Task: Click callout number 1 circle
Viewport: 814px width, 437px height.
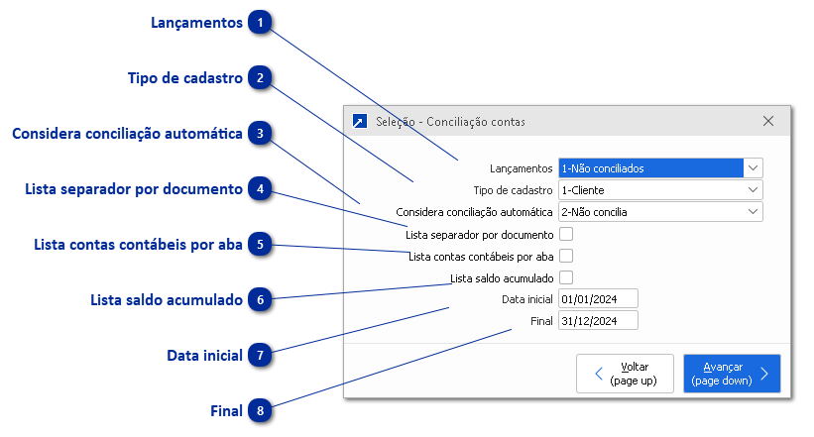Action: tap(260, 23)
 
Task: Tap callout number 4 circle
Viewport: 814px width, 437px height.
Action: tap(260, 188)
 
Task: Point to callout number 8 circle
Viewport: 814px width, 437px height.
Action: tap(260, 409)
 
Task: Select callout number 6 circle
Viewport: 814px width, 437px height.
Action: tap(260, 299)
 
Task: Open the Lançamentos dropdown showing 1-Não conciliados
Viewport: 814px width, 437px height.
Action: tap(660, 168)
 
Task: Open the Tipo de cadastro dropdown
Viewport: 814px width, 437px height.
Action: tap(660, 189)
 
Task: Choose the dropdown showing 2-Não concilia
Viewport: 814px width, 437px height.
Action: tap(660, 211)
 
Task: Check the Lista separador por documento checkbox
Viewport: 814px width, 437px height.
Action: tap(566, 235)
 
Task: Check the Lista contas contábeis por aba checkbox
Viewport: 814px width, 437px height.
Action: tap(566, 257)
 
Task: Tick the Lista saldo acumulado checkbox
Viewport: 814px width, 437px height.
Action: tap(566, 278)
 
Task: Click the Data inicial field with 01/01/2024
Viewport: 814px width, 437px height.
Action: tap(598, 299)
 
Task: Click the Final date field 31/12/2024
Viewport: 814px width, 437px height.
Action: tap(598, 321)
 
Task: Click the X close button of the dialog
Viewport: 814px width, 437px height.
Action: tap(768, 121)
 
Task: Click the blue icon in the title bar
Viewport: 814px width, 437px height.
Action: tap(359, 121)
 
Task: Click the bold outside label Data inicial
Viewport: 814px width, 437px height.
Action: tap(204, 355)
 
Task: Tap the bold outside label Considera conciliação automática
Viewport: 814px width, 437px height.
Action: tap(127, 134)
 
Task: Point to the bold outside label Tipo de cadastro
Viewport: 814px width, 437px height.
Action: tap(185, 78)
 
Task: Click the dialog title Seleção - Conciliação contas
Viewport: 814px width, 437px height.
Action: tap(450, 122)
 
